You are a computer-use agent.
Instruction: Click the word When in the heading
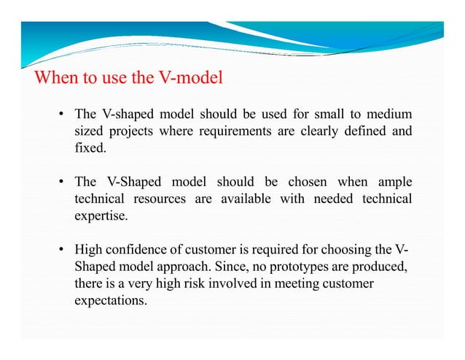(55, 78)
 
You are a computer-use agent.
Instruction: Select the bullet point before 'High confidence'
(63, 249)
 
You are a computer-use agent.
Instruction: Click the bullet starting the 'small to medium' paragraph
(63, 115)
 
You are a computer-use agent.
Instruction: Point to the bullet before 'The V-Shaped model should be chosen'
(63, 182)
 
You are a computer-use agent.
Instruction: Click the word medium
(387, 115)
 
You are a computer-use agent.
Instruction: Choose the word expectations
(109, 299)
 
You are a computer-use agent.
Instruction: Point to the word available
(243, 199)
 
